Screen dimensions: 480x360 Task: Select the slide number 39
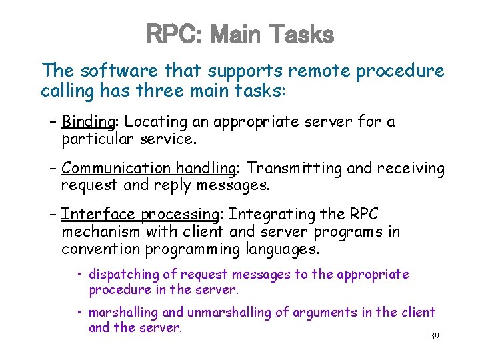tap(434, 336)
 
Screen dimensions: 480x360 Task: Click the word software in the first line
tap(114, 71)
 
